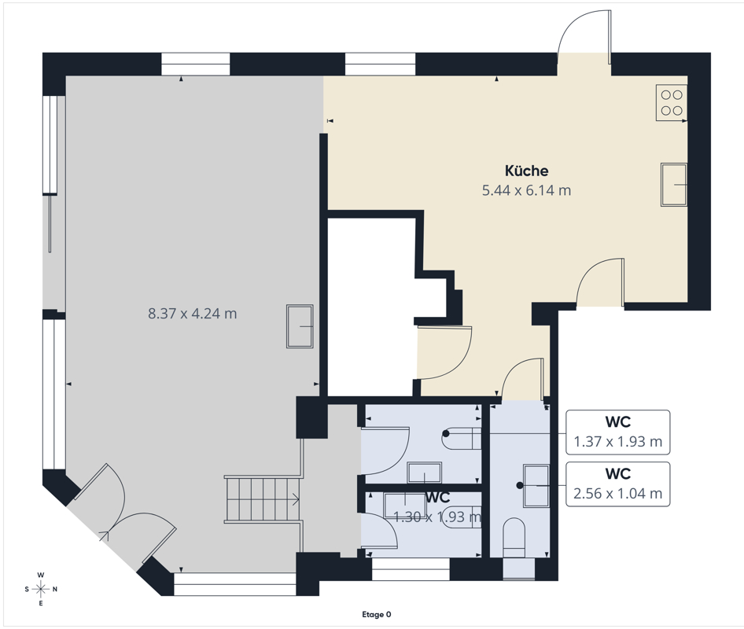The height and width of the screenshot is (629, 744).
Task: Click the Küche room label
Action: [x=526, y=171]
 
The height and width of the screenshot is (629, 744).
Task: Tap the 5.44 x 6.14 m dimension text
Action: [x=526, y=191]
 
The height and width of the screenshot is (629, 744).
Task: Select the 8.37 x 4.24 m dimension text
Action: [x=192, y=314]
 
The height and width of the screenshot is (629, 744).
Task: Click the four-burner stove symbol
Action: [x=672, y=102]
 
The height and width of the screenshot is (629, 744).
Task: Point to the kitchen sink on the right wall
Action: [x=674, y=185]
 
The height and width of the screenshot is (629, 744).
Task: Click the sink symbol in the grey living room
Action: [x=300, y=326]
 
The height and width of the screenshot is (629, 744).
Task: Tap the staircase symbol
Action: [x=263, y=499]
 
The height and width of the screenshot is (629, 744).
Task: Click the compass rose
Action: [x=41, y=589]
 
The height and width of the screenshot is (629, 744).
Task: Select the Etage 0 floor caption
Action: [x=377, y=615]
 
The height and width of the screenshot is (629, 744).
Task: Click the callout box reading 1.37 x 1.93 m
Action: [x=618, y=432]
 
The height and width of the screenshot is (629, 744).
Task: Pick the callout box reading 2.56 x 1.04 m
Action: [x=618, y=484]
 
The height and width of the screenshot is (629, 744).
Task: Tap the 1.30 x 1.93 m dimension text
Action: [x=437, y=517]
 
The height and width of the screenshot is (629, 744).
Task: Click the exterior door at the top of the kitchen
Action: [x=584, y=35]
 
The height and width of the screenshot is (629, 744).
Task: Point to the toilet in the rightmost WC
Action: [x=514, y=538]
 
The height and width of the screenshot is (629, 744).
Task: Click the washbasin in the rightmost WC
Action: [x=536, y=486]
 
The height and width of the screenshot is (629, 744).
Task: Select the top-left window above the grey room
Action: [x=196, y=64]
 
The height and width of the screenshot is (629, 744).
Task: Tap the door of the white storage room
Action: [x=444, y=352]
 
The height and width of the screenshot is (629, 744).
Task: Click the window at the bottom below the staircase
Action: [x=235, y=584]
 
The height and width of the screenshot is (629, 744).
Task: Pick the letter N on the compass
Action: [x=55, y=590]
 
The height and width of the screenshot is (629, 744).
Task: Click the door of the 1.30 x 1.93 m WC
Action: [x=380, y=531]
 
